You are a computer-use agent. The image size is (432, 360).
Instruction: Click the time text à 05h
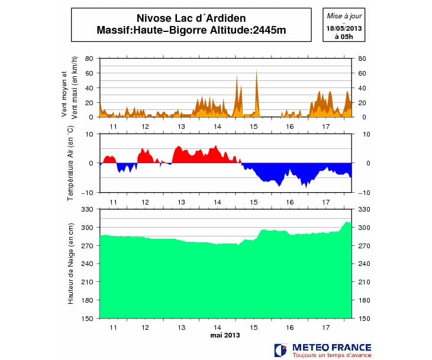[x=344, y=37]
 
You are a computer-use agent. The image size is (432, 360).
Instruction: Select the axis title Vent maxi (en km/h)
[x=75, y=88]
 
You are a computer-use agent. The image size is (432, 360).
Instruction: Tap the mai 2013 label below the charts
[x=225, y=335]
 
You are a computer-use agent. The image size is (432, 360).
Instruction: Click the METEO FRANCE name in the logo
[x=331, y=347]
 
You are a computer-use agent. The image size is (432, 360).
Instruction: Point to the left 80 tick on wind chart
[x=89, y=59]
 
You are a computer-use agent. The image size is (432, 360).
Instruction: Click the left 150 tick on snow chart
[x=88, y=319]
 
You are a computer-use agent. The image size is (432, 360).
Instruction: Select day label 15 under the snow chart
[x=254, y=327]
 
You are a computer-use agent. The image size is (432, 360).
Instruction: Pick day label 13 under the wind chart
[x=182, y=127]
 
